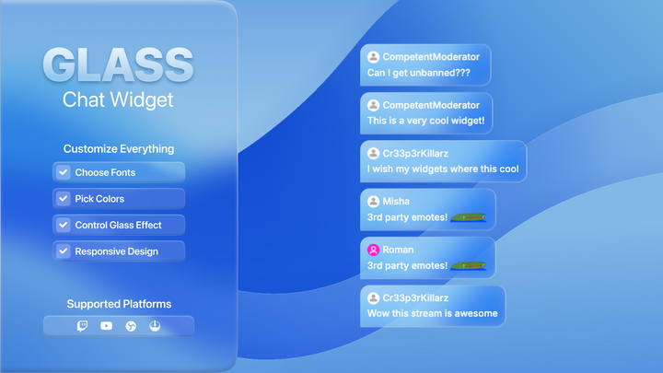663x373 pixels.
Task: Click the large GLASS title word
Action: coord(118,64)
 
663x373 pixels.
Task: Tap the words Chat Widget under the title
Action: coord(118,99)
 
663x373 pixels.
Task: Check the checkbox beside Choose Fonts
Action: coord(64,172)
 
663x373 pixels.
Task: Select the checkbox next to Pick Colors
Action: coord(64,198)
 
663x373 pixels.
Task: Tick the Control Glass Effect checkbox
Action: coord(64,225)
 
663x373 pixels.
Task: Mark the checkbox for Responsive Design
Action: coord(64,251)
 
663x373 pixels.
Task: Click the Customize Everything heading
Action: coord(119,148)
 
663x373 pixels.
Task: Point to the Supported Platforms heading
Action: coord(119,304)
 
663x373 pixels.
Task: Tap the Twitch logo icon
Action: coord(82,326)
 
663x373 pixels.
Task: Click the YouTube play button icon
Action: coord(107,326)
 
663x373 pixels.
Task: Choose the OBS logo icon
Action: coord(131,326)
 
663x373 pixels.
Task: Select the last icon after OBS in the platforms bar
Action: coord(155,326)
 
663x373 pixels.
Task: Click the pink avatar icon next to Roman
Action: coord(374,250)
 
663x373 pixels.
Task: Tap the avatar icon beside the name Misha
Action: coord(374,201)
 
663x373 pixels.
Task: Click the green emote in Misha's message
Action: coord(469,218)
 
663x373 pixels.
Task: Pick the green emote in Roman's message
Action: coord(469,266)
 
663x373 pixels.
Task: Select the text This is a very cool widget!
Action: coord(425,121)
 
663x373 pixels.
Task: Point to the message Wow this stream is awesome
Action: coord(432,313)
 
